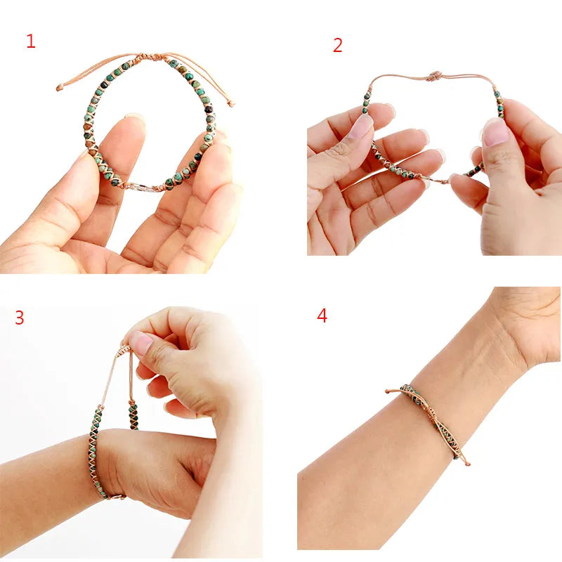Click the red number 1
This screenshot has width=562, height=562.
tap(30, 41)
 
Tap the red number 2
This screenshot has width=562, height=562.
tap(338, 46)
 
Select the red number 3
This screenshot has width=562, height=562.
tap(20, 318)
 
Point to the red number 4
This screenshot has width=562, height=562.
tap(322, 315)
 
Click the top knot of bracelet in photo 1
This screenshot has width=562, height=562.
tap(150, 56)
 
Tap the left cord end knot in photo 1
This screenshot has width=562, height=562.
tap(60, 89)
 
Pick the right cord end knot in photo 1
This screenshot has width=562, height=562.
tap(231, 104)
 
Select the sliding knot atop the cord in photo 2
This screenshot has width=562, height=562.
tap(434, 75)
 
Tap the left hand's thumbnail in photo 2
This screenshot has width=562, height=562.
tap(361, 126)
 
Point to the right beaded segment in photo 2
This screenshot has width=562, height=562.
tap(499, 103)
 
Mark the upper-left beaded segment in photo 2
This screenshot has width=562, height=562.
tap(366, 101)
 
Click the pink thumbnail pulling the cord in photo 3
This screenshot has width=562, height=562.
tap(141, 343)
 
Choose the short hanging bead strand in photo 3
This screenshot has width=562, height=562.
tap(132, 414)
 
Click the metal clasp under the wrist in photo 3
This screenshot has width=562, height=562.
tap(116, 497)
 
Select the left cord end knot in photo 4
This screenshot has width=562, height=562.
tap(388, 391)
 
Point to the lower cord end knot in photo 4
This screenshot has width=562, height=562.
tap(466, 463)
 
